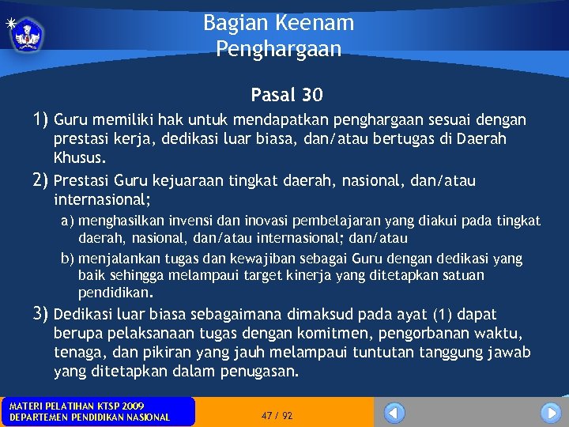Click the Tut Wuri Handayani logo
coord(28,33)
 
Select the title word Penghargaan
coord(278,49)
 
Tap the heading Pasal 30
coord(287,95)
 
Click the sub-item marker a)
coord(68,221)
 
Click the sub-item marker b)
coord(68,259)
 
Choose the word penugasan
coord(258,371)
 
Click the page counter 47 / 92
coord(277,415)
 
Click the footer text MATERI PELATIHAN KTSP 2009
coord(77,406)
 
